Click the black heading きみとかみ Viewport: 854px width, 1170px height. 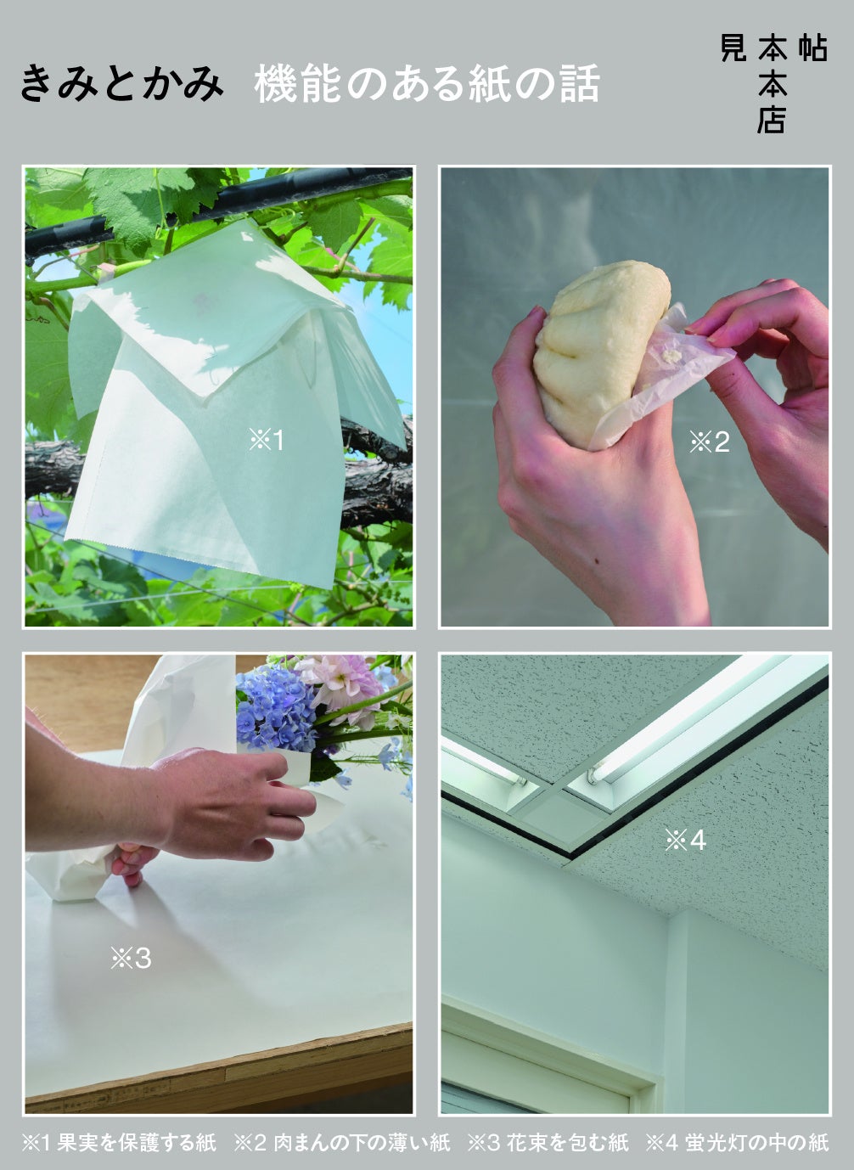121,83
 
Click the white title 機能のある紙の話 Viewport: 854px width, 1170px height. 427,83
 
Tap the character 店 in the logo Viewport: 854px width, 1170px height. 772,121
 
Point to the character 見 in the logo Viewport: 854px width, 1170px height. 733,48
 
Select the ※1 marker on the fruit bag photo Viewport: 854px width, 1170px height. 267,441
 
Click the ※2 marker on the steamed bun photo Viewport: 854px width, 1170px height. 710,442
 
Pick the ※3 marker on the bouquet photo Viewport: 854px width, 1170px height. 131,959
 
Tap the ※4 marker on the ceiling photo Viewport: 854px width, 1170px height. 686,841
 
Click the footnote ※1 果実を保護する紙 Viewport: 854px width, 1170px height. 119,1142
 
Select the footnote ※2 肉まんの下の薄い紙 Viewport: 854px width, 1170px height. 341,1142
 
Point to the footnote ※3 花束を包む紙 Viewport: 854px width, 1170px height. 548,1142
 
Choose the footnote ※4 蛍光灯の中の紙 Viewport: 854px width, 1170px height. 737,1142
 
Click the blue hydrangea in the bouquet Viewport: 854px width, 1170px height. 275,707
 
